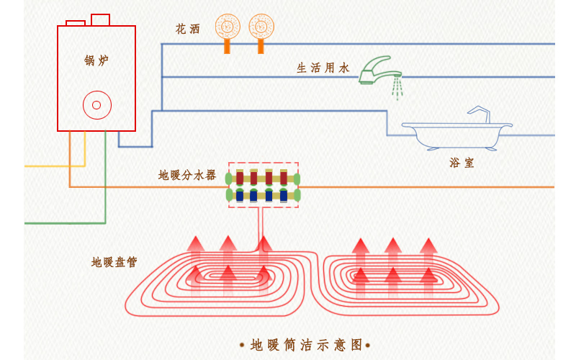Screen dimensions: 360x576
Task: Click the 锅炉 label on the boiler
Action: point(96,60)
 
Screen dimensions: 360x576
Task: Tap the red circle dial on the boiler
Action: point(96,105)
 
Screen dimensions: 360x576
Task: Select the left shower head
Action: point(227,27)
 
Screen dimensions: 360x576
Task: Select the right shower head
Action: point(261,27)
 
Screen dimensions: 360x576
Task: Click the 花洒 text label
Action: point(188,30)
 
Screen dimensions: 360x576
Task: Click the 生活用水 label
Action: point(323,68)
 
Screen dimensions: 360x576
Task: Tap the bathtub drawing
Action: point(456,135)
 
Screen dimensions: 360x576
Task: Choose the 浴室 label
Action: point(462,163)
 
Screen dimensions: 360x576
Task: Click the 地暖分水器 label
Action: point(187,175)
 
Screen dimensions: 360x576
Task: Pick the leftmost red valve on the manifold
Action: point(240,178)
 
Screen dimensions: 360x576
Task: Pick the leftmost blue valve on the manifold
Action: point(240,195)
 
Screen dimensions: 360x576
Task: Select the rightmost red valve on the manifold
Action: point(284,178)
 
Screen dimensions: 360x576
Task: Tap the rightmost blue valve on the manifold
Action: point(284,195)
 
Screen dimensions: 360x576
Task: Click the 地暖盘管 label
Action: point(114,262)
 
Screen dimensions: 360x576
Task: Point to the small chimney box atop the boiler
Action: point(100,19)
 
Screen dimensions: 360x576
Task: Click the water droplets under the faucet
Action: point(397,87)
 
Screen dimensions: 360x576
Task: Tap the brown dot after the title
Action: point(368,346)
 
